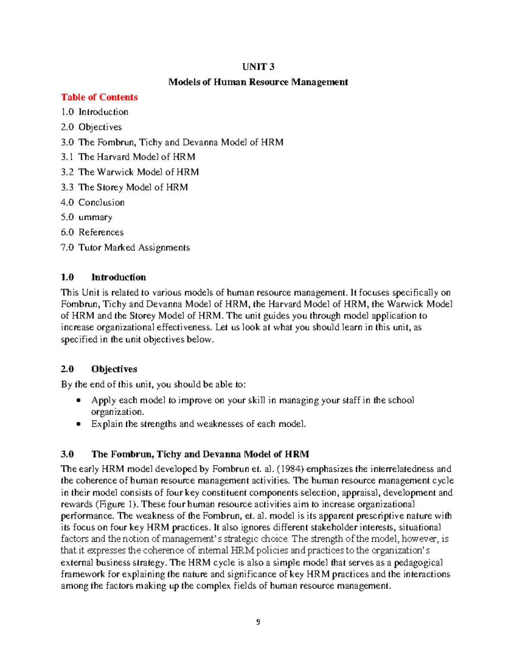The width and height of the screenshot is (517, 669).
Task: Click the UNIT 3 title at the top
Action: [x=258, y=67]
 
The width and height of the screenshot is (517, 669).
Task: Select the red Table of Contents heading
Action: [x=99, y=97]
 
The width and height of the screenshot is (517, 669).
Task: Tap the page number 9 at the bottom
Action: [x=258, y=622]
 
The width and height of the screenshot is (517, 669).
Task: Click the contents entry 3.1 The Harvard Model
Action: [x=128, y=157]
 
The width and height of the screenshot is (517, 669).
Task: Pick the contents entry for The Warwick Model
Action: [x=130, y=172]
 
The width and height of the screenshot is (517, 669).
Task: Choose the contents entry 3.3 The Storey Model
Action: [x=125, y=187]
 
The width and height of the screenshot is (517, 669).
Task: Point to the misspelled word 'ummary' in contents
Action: [x=95, y=217]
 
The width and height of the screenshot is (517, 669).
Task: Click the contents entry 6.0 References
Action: [x=92, y=232]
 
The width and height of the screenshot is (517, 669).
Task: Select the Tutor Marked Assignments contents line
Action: [x=125, y=247]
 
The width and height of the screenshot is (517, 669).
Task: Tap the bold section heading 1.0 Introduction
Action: [x=103, y=277]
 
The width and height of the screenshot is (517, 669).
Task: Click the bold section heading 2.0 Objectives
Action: [x=99, y=369]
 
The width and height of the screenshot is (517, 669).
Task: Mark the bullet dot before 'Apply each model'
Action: [x=78, y=401]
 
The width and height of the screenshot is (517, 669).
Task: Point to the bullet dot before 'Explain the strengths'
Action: [x=78, y=424]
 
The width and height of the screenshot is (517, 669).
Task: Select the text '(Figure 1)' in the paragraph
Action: [x=117, y=504]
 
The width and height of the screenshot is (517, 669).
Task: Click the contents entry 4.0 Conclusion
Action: [x=93, y=202]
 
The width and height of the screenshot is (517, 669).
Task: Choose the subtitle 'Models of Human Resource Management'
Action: [x=258, y=82]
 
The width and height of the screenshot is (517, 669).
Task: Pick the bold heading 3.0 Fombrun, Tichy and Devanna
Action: [x=185, y=454]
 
